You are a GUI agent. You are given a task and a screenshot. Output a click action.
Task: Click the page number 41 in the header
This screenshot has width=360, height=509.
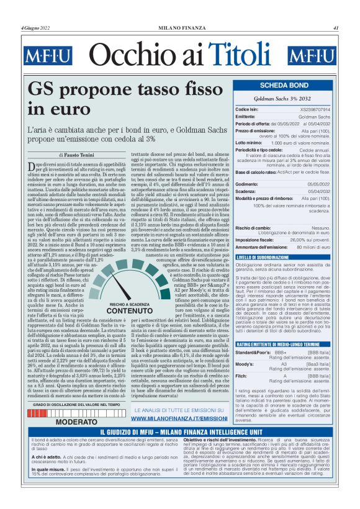[x=336, y=28]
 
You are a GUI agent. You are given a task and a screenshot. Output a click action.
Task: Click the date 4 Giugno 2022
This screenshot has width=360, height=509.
[x=35, y=28]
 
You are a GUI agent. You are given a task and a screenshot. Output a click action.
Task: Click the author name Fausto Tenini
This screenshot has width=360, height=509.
[x=78, y=154]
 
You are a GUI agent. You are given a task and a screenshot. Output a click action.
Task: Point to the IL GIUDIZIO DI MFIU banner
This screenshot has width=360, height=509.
[x=180, y=432]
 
